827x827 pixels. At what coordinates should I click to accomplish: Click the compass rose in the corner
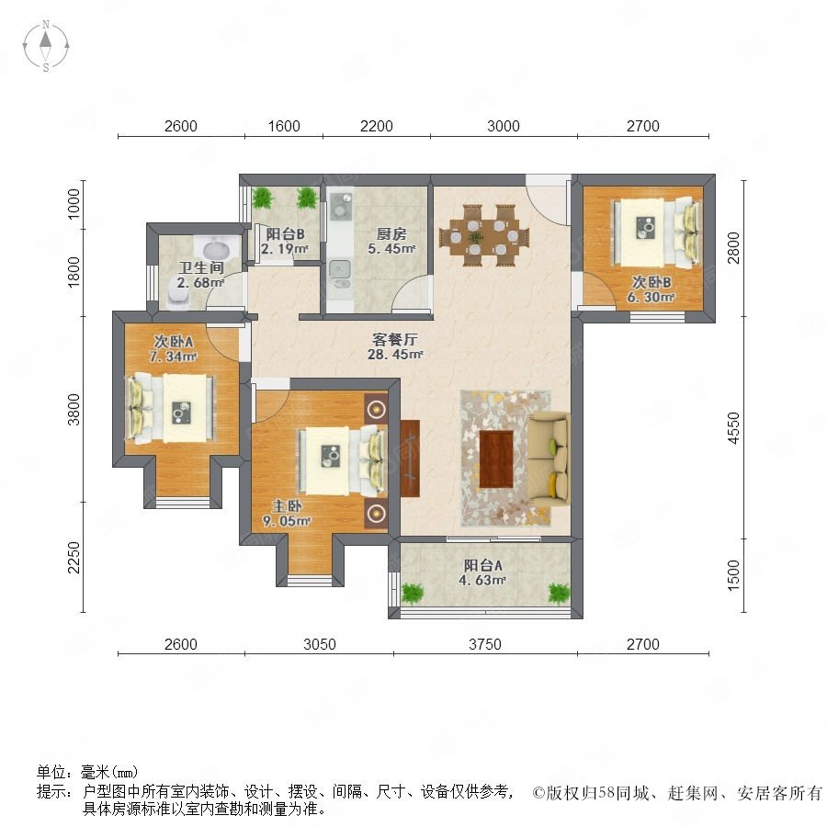[x=46, y=46]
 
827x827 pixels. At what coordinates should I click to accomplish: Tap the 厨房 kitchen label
[x=391, y=233]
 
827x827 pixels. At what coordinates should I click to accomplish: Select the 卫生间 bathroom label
[x=201, y=267]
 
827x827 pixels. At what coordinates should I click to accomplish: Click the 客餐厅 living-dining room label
[x=394, y=339]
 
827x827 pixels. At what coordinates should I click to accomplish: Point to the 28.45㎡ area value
[x=395, y=355]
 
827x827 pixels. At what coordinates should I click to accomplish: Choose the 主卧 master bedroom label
[x=287, y=506]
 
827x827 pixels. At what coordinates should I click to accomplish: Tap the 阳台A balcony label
[x=483, y=566]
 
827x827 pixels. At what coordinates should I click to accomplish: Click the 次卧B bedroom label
[x=651, y=283]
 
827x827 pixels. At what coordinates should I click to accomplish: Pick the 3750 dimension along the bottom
[x=485, y=644]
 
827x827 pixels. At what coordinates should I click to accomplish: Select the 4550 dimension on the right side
[x=733, y=427]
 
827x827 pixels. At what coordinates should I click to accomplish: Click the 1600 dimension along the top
[x=284, y=126]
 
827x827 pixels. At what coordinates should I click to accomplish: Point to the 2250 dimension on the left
[x=74, y=557]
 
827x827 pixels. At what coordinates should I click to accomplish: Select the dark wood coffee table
[x=496, y=459]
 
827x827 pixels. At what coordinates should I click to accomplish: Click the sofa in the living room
[x=549, y=459]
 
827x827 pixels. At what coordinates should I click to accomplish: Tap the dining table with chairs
[x=483, y=236]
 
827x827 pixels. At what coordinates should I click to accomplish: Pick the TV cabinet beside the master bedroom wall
[x=410, y=459]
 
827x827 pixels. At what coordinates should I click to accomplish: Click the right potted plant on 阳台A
[x=559, y=594]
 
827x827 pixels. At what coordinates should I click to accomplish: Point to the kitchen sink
[x=339, y=269]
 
